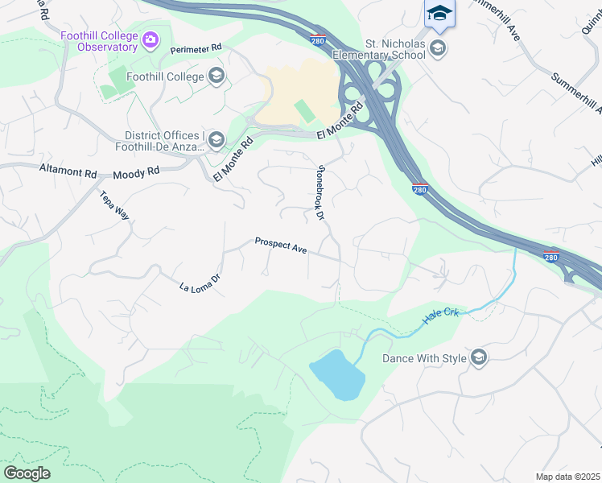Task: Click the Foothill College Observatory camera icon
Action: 150,39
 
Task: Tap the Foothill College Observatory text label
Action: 98,41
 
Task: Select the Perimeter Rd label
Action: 196,49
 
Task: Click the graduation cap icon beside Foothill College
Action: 215,76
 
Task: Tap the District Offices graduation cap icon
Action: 215,141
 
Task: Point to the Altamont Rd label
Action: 68,171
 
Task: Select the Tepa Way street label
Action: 114,205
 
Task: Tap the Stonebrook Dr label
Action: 320,192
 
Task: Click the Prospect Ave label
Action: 281,246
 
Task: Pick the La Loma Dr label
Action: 199,283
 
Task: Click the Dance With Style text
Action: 424,358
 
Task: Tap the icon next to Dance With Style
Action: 479,358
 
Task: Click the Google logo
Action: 27,473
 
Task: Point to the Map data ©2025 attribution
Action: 567,477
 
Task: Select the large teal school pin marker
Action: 439,14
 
